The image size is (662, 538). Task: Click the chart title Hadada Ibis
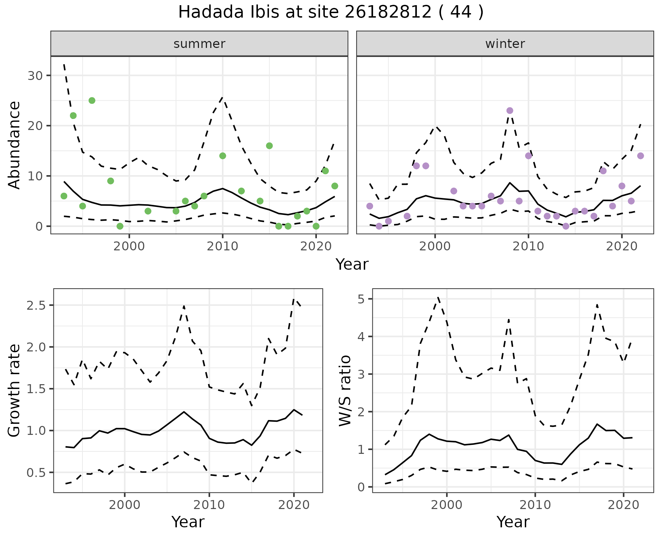coord(330,12)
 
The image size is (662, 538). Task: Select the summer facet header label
coord(199,44)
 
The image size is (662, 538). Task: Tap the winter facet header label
coord(505,44)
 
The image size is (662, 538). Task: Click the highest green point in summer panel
coord(92,101)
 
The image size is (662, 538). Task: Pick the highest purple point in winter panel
coord(510,111)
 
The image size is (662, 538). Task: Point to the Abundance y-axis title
coord(14,145)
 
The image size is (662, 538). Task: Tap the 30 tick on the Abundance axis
coord(35,76)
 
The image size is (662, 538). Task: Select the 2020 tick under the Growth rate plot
coord(294,505)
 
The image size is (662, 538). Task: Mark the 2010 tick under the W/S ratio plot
coord(535,505)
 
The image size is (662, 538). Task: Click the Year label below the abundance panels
coord(352,265)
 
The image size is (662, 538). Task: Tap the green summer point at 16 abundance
coord(269,146)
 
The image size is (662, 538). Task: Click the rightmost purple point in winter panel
coord(640,156)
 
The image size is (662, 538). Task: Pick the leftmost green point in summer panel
coord(64,196)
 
